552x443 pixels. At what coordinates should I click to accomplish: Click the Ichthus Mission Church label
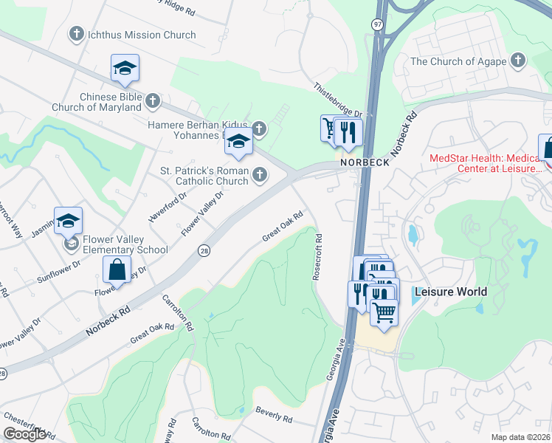click(141, 35)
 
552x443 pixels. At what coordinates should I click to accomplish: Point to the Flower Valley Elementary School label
click(125, 244)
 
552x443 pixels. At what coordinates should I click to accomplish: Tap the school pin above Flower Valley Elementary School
click(68, 220)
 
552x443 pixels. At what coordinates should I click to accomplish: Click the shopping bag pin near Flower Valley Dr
click(117, 269)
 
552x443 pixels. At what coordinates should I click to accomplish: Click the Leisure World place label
click(450, 292)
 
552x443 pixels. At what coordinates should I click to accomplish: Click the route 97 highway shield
click(377, 24)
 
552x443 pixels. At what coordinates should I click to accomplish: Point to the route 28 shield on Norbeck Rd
click(203, 252)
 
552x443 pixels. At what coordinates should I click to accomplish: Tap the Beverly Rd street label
click(274, 415)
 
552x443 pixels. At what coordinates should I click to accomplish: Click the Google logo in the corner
click(25, 434)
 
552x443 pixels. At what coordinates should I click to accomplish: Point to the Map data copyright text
click(520, 437)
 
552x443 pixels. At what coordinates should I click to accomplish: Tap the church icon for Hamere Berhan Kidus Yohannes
click(259, 129)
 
